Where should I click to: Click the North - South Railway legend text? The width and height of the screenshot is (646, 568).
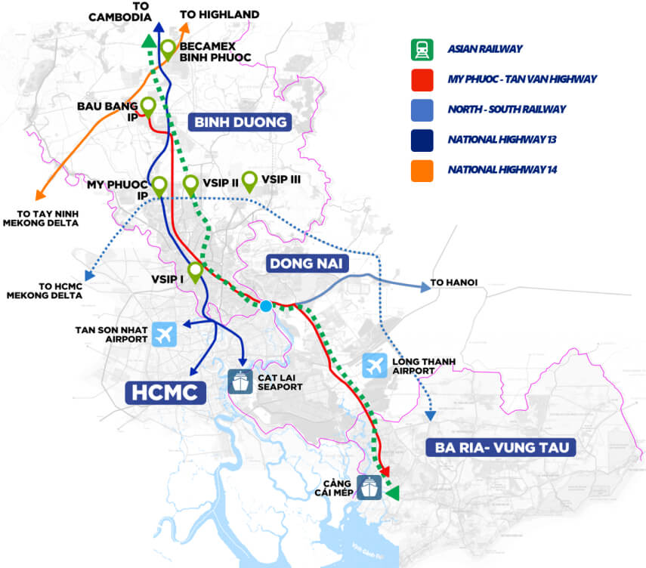505,110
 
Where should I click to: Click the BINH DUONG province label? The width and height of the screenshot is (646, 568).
240,122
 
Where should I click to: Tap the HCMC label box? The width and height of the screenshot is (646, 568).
165,392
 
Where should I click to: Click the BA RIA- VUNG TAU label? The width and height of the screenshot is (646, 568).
500,448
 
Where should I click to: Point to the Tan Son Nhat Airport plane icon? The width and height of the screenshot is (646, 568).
163,333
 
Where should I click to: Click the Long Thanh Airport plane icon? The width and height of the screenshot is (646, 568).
374,366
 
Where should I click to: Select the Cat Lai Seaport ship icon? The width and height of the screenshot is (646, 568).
240,380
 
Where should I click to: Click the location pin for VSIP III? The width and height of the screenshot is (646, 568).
249,181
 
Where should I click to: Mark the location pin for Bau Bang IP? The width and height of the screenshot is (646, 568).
148,106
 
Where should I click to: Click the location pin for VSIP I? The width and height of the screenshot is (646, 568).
196,270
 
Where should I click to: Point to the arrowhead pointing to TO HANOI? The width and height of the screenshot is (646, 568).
421,286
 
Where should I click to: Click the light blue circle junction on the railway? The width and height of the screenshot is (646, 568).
266,306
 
